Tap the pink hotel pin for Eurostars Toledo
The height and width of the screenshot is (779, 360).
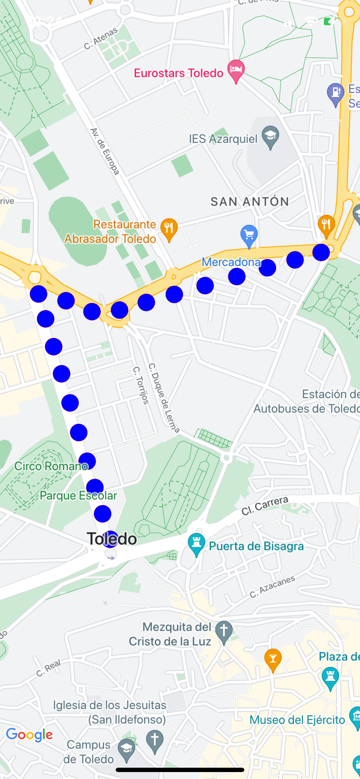pyautogui.click(x=236, y=70)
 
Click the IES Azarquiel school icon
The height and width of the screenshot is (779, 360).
pyautogui.click(x=270, y=136)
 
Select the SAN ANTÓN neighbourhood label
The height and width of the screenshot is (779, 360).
pyautogui.click(x=250, y=202)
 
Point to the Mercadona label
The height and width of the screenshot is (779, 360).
pyautogui.click(x=231, y=262)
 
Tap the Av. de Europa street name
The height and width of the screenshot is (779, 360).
pyautogui.click(x=104, y=151)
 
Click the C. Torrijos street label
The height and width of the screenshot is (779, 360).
pyautogui.click(x=141, y=385)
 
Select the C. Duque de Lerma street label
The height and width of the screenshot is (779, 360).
pyautogui.click(x=163, y=397)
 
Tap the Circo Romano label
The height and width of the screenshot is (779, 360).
pyautogui.click(x=51, y=466)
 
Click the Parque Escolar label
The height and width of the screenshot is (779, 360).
pyautogui.click(x=78, y=496)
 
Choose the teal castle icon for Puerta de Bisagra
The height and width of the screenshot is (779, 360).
pyautogui.click(x=196, y=543)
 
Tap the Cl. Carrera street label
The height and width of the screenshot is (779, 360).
pyautogui.click(x=265, y=506)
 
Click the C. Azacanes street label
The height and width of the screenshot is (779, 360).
pyautogui.click(x=272, y=586)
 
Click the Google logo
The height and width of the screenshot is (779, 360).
pyautogui.click(x=30, y=735)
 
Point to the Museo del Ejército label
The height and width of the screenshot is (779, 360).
pyautogui.click(x=297, y=720)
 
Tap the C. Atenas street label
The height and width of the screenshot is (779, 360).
pyautogui.click(x=101, y=38)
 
